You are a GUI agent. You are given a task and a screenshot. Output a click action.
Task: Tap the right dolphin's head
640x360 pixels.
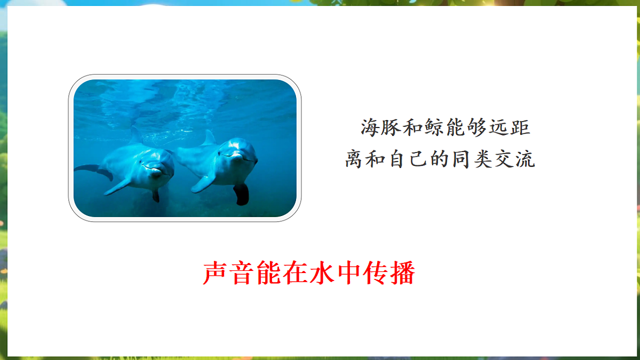click(238, 152)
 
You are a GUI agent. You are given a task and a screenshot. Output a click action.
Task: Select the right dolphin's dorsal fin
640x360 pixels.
click(209, 138)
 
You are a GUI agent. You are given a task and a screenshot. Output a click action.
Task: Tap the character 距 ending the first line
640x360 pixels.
click(519, 128)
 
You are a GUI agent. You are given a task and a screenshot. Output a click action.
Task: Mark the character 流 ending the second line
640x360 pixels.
click(525, 159)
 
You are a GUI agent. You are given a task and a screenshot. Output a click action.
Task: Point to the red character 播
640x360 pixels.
click(402, 274)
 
